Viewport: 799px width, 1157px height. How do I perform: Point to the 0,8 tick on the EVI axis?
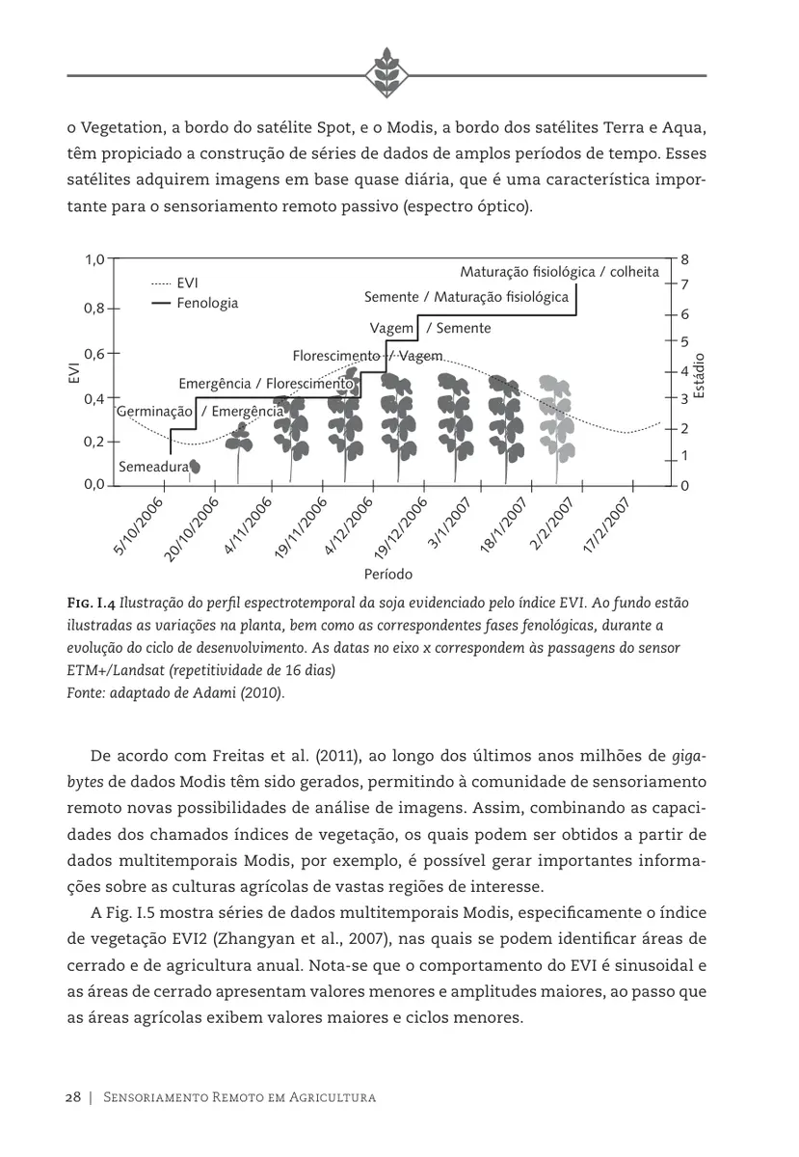point(93,309)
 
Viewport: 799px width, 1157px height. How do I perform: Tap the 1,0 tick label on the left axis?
point(93,260)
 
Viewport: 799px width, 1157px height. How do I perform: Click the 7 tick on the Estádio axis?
point(684,285)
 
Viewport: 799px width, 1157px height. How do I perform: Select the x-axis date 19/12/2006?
point(401,526)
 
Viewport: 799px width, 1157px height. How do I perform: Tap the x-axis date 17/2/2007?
point(607,526)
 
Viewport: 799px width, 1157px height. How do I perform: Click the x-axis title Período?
point(388,574)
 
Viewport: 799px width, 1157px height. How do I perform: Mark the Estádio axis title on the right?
point(701,375)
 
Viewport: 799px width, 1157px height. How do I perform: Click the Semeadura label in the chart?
point(153,467)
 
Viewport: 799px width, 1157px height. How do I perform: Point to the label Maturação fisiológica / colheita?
point(559,272)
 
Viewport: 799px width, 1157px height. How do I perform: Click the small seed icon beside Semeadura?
point(195,467)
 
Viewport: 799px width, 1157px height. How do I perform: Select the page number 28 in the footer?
point(73,1097)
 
